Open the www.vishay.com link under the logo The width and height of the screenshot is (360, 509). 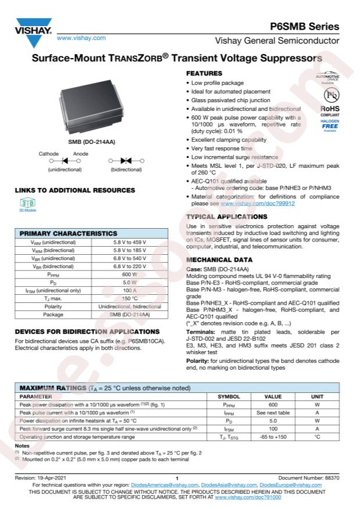pos(81,38)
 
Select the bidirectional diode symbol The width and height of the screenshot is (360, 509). pos(126,160)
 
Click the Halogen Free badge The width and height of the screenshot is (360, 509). pos(330,124)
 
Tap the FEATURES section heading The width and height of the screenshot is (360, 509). pos(204,74)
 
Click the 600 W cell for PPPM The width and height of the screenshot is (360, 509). pos(129,274)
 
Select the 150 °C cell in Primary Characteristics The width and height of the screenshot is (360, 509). pos(129,298)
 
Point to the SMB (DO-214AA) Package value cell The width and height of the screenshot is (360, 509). pos(129,314)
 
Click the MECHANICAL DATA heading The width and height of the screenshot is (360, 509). pos(219,260)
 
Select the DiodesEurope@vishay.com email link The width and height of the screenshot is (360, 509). pos(290,485)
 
